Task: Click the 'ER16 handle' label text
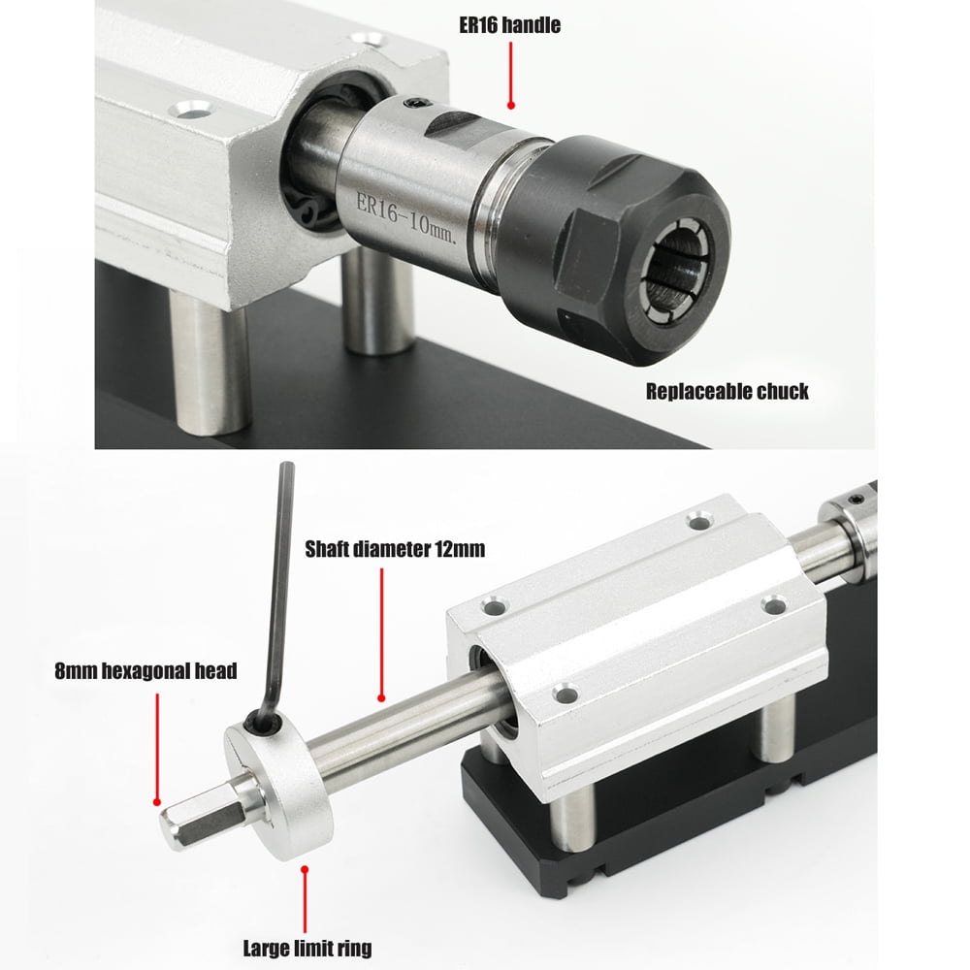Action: [511, 25]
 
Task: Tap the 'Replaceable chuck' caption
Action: [727, 392]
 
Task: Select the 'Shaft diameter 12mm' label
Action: [395, 550]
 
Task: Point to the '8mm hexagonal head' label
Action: [145, 671]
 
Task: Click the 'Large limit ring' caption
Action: [307, 948]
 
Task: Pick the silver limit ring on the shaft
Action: [280, 781]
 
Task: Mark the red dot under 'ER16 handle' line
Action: [511, 104]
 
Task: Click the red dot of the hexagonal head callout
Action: [154, 801]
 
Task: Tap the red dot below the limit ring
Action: [306, 869]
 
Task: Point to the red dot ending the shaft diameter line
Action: [382, 696]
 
